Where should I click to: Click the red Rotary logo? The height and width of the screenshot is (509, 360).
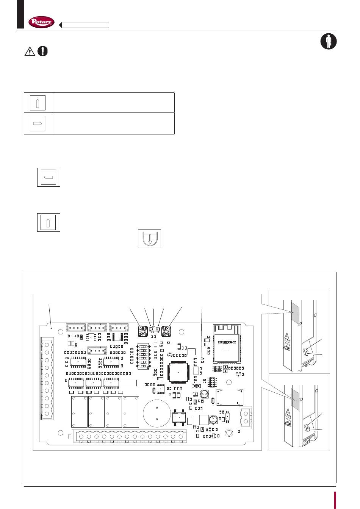(42, 23)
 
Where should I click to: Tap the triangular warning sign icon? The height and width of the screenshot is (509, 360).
(30, 51)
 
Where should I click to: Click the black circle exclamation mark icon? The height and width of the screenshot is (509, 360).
(43, 51)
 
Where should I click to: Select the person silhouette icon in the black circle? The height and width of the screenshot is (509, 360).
(328, 41)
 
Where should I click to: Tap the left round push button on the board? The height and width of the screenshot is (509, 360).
(143, 332)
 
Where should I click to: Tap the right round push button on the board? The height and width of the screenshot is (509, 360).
(166, 332)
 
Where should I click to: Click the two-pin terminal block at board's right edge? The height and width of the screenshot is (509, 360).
(246, 417)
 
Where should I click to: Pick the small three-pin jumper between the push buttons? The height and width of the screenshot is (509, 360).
(154, 329)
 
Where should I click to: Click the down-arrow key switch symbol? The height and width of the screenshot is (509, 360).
(149, 239)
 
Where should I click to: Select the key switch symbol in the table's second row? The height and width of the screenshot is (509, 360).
(38, 123)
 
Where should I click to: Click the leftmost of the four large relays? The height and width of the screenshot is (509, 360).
(79, 412)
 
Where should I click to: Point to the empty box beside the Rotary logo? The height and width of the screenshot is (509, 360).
(85, 25)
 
